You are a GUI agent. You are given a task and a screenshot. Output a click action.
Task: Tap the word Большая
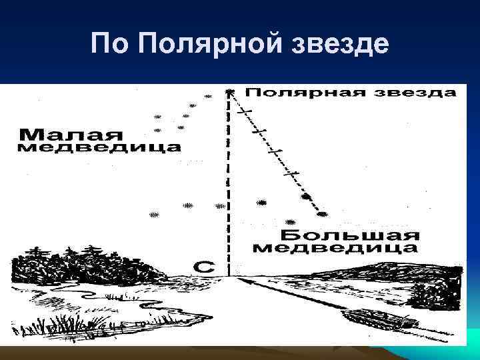[349, 235]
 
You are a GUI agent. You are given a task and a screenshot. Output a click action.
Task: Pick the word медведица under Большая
[337, 249]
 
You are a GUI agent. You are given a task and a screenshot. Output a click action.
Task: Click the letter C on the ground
[205, 267]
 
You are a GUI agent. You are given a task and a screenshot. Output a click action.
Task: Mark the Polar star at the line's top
[229, 91]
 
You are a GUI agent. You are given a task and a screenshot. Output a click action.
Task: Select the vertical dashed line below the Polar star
[229, 187]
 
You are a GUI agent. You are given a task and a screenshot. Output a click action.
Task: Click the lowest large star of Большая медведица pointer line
[323, 214]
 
